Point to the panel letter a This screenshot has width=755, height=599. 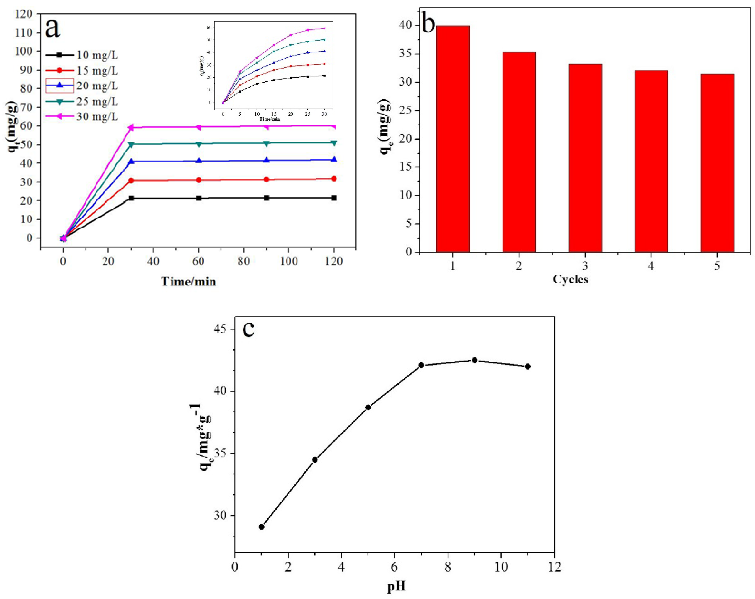53,29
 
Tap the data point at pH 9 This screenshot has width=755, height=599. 475,360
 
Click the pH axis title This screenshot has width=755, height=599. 396,586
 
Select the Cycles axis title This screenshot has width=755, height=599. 570,280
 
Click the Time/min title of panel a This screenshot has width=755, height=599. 188,282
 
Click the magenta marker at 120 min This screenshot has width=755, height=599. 334,126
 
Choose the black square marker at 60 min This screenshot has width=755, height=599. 199,198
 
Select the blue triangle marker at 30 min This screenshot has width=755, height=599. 131,161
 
